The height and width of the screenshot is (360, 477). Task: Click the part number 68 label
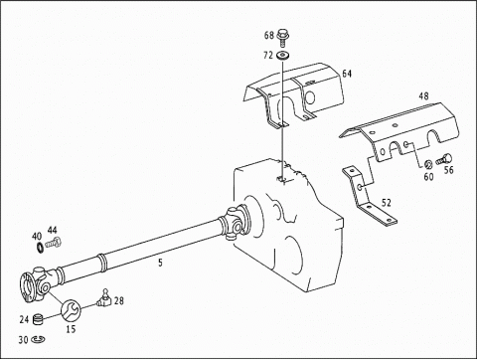coord(269,35)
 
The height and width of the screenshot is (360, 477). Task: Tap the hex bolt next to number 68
coord(282,38)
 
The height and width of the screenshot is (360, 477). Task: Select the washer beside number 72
coord(282,56)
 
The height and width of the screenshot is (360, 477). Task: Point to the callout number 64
coord(347,74)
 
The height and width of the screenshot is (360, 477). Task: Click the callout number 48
coord(423,96)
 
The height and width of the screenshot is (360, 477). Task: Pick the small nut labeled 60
coord(428,164)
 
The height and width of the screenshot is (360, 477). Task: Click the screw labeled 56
coord(444,158)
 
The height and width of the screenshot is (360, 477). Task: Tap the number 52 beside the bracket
coord(387,203)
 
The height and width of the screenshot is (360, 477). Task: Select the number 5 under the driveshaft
coord(160,263)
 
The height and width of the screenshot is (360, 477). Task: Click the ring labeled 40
coord(40,248)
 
